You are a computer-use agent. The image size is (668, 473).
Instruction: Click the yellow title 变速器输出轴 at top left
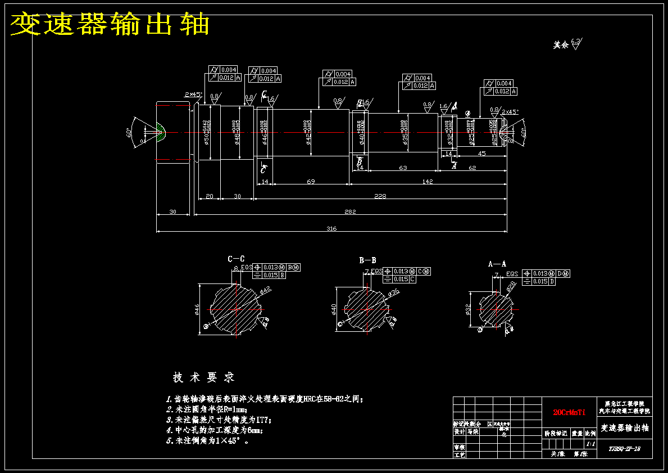coord(110,24)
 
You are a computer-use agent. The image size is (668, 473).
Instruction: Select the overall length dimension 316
coord(331,227)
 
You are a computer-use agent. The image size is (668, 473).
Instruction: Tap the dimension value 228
coord(380,196)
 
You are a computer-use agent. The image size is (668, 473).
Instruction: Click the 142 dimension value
coord(428,181)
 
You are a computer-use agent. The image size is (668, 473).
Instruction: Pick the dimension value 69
coord(310,181)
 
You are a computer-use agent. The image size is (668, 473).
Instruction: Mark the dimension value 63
coord(402,168)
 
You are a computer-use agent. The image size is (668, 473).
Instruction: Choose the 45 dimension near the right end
coord(481,153)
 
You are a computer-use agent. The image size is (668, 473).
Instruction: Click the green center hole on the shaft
coord(161,132)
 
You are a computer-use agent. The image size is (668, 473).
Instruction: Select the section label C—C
coord(236,259)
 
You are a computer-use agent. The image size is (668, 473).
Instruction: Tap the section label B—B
coord(367,260)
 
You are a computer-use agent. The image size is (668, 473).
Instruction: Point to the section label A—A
coord(497,263)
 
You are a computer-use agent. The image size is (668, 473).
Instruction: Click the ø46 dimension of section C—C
coord(197,309)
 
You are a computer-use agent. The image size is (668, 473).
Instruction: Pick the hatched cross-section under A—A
coord(496,309)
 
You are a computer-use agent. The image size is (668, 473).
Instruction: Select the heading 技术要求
coord(203,377)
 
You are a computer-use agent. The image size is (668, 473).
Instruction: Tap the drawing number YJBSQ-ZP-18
coord(624,449)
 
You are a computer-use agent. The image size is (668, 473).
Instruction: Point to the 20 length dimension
coord(209,196)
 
